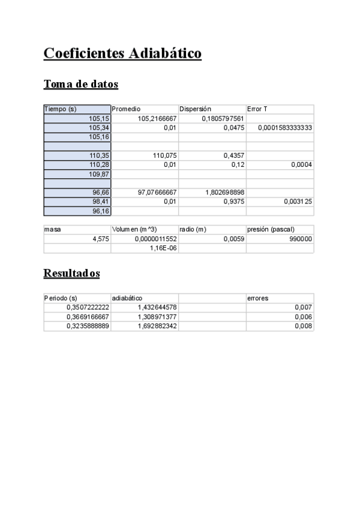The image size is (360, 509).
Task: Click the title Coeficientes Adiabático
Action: coord(122,53)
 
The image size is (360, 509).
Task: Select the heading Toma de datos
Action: coord(80,84)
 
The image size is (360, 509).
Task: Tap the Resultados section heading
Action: coord(71,273)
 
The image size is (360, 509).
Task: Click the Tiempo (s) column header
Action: coord(60,109)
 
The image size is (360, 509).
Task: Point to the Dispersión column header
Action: coord(195,109)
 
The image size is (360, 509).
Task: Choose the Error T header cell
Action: coord(257,109)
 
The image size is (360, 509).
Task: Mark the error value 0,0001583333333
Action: coord(285,128)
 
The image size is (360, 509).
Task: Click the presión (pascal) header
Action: coord(270,229)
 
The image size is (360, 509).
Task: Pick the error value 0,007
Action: coord(304,307)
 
